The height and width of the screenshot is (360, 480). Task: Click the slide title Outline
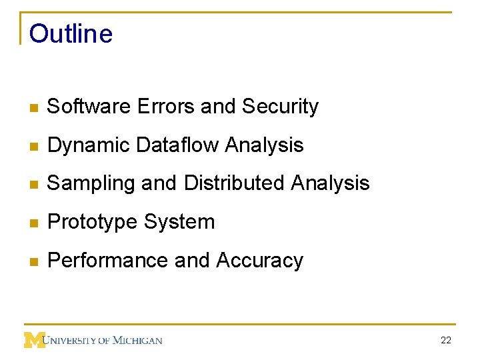pos(71,34)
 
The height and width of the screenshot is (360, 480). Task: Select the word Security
pos(280,107)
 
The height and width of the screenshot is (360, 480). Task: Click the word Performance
pos(107,261)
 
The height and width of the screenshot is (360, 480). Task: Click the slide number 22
pos(446,341)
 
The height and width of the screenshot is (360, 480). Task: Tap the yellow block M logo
pos(33,340)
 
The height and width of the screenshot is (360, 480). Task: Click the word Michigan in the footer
pos(137,341)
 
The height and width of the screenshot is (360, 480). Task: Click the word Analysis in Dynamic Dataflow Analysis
pos(265,145)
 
